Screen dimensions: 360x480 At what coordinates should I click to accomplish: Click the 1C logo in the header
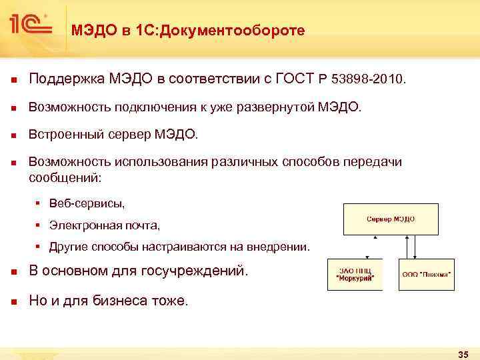30,25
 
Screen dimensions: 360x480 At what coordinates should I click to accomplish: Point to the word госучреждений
197,271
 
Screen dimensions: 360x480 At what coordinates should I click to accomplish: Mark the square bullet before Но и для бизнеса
13,301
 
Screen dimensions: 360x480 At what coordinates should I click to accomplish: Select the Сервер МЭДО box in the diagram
390,219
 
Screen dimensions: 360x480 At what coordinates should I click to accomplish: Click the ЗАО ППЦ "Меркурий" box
355,274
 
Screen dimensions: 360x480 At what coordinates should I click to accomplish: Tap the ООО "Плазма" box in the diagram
426,274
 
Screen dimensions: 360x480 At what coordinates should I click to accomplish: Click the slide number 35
463,353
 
